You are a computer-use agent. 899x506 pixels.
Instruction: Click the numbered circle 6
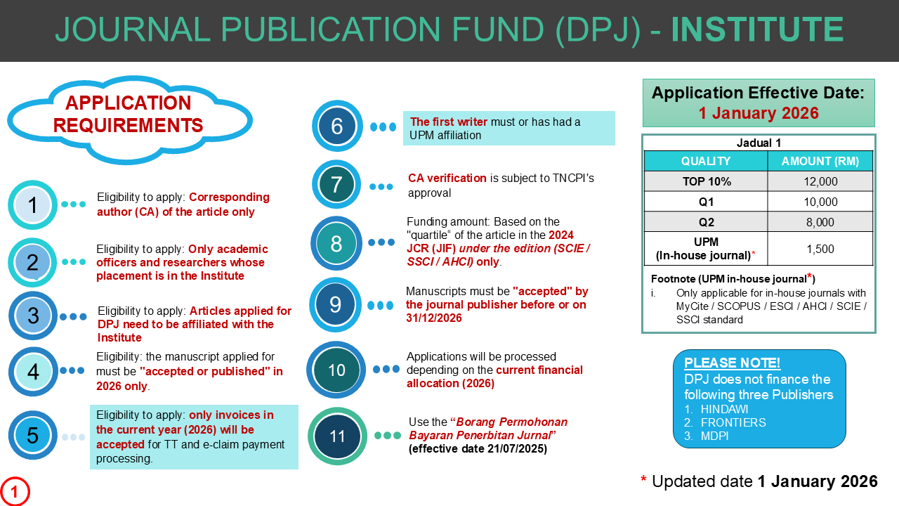tap(337, 126)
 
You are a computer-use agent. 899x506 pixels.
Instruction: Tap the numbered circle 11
tap(338, 436)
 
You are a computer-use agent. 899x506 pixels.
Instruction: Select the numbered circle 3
tap(33, 316)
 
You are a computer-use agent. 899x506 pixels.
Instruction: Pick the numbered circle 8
tap(336, 243)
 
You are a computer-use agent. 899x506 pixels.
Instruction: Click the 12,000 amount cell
tap(820, 181)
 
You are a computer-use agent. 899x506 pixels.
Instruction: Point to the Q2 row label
tap(707, 222)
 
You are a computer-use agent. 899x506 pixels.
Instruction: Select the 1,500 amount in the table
tap(820, 249)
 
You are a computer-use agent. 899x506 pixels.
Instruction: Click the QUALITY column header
tap(706, 161)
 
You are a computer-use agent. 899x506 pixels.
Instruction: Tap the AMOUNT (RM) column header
tap(820, 161)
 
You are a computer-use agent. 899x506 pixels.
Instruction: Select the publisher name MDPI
tap(716, 436)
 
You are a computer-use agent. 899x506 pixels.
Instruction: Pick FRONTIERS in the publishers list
tap(733, 422)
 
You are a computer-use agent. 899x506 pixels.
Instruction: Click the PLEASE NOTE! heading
tap(733, 363)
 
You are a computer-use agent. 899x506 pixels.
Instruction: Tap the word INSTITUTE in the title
tap(757, 30)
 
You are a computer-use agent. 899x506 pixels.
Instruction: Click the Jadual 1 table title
tap(759, 143)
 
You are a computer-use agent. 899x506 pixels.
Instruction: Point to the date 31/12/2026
tap(433, 318)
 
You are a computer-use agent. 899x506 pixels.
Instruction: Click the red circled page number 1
tap(15, 491)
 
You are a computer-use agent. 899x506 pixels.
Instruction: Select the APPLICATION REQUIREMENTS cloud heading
tap(129, 115)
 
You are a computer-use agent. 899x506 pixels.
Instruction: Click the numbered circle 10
tap(337, 370)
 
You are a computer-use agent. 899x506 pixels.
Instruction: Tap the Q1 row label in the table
tap(707, 202)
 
